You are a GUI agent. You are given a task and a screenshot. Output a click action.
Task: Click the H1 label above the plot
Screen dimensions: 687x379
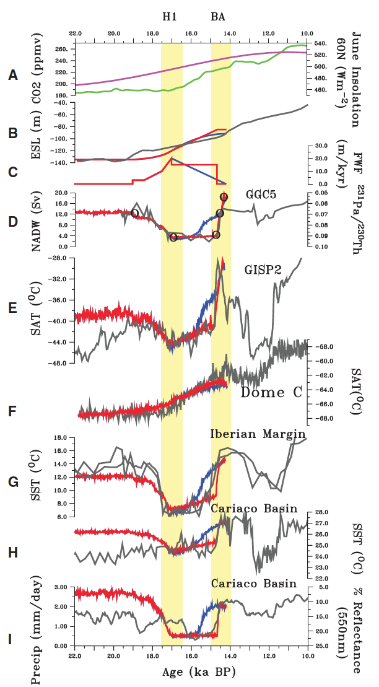[170, 17]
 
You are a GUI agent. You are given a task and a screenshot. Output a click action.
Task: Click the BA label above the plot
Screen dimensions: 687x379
[218, 17]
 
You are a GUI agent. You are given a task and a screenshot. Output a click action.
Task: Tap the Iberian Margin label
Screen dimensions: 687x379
[258, 434]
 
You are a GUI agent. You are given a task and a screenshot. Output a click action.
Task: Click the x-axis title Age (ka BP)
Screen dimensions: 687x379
[191, 672]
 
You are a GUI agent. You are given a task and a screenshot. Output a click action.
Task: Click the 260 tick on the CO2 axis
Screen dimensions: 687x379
[61, 49]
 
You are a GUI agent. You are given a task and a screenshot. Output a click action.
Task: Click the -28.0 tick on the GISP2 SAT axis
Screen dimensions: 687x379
[59, 258]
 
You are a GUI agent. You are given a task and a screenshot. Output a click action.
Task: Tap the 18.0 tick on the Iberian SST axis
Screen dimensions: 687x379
[61, 438]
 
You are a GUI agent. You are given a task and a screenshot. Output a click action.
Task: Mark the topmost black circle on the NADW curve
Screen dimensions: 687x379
[224, 197]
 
